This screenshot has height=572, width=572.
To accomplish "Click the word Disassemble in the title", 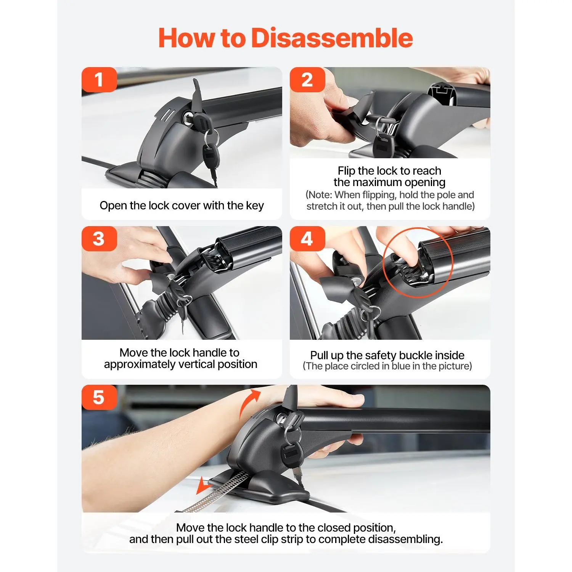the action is (332, 38).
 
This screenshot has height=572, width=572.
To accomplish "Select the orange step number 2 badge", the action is (307, 80).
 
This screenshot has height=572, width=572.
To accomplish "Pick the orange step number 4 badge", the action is (307, 239).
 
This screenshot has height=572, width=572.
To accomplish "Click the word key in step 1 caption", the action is (255, 206).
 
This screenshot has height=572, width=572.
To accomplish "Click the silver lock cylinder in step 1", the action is (188, 119).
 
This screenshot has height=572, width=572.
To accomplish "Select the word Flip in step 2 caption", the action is (347, 171).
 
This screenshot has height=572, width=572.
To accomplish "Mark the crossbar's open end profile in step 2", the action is (442, 93).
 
